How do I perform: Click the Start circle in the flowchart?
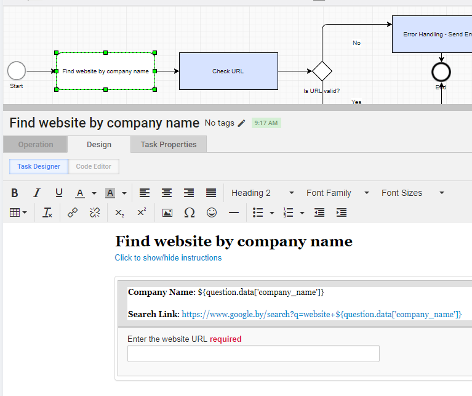[17, 71]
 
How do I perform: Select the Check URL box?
[228, 71]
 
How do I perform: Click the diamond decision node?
[322, 71]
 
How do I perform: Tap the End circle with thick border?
[441, 72]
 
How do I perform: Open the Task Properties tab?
[169, 144]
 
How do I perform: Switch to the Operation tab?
[36, 144]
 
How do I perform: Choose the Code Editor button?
[94, 166]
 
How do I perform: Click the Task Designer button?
[39, 166]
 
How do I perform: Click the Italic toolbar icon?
[37, 193]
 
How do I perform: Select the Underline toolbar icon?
[59, 193]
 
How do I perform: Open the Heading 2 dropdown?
[263, 193]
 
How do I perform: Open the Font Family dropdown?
[337, 193]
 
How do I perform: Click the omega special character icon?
[190, 212]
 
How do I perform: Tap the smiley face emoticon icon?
[212, 212]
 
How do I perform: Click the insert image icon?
[167, 212]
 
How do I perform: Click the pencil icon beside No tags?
[241, 123]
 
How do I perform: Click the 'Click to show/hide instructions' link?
[168, 258]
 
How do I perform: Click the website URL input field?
[254, 354]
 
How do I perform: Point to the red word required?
[225, 339]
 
